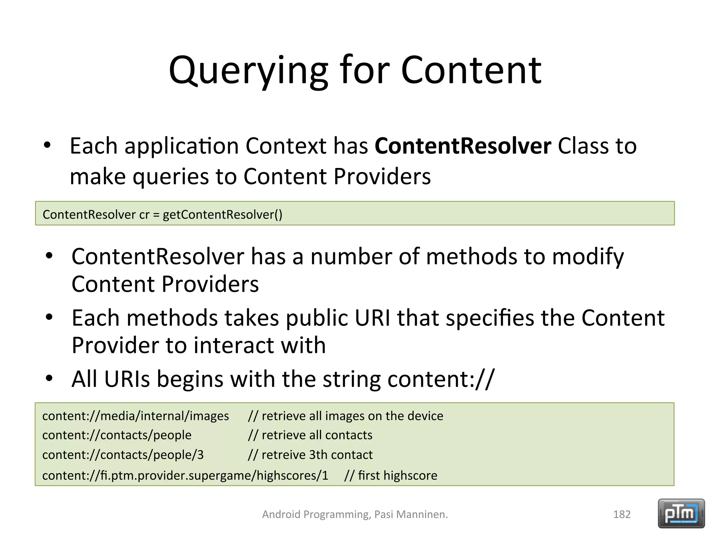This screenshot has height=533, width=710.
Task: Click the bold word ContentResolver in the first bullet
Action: [462, 146]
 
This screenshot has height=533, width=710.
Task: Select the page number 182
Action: [622, 514]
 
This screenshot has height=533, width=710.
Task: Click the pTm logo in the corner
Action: [681, 513]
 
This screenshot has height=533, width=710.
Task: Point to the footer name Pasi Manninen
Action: [410, 514]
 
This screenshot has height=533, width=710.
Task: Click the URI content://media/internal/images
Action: [136, 416]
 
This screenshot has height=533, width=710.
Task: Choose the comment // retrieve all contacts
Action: [310, 435]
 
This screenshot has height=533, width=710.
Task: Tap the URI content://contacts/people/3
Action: [123, 455]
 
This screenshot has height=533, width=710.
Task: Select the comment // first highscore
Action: [391, 475]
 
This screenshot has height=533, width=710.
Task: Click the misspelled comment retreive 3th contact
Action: [310, 455]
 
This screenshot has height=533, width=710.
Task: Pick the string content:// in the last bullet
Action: [441, 379]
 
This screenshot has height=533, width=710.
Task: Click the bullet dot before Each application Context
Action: [47, 145]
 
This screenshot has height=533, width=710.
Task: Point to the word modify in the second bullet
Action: [588, 257]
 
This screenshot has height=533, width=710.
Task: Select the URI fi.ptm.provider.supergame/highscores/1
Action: [185, 475]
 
